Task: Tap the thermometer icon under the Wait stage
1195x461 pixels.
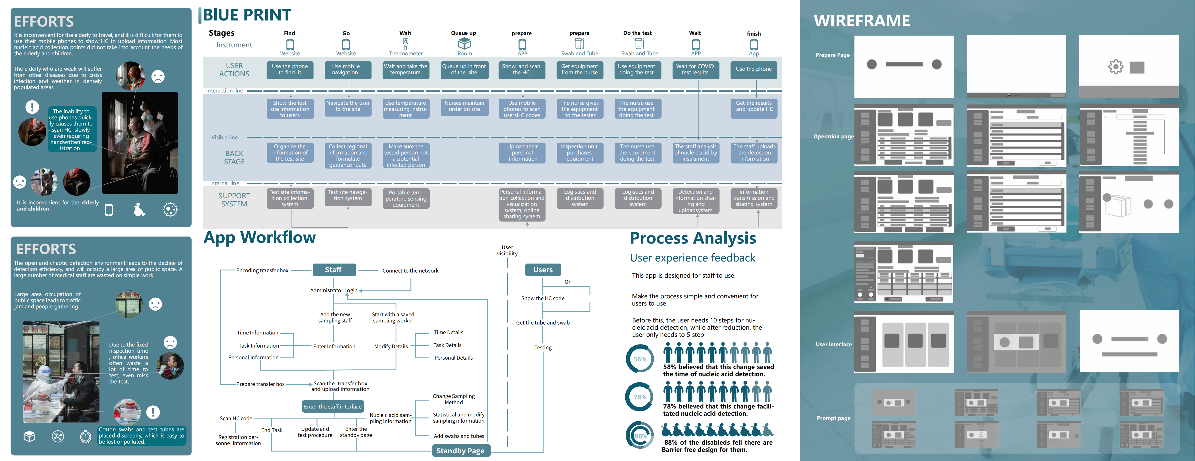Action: pyautogui.click(x=405, y=44)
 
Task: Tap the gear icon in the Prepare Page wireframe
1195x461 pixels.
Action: pyautogui.click(x=1116, y=67)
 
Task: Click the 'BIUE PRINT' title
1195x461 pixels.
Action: pyautogui.click(x=247, y=15)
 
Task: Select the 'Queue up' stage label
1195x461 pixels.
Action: pyautogui.click(x=463, y=33)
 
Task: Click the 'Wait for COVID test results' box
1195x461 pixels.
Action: pyautogui.click(x=695, y=70)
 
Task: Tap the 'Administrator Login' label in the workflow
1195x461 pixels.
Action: pyautogui.click(x=334, y=290)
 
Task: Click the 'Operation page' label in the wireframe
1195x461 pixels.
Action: pyautogui.click(x=833, y=136)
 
